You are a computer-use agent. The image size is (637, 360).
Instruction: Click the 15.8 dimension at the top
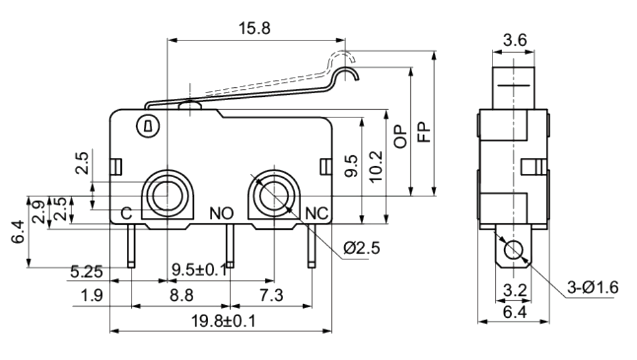(x=254, y=28)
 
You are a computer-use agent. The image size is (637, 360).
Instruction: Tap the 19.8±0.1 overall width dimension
(x=223, y=321)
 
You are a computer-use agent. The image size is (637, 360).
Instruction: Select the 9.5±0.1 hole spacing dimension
(x=200, y=270)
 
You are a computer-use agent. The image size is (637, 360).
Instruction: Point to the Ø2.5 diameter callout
(x=362, y=248)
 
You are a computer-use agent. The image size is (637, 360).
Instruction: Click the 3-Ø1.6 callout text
(x=593, y=287)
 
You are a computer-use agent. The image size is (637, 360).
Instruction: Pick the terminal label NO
(x=222, y=213)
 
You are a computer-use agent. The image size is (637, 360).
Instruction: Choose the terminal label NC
(x=317, y=213)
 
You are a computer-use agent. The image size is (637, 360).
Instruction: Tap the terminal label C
(x=127, y=213)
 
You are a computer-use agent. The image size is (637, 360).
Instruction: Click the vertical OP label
(x=400, y=136)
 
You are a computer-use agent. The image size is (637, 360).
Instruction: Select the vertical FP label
(x=424, y=132)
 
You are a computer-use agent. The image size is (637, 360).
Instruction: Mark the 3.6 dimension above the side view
(x=515, y=40)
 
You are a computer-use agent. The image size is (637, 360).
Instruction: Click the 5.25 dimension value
(x=87, y=271)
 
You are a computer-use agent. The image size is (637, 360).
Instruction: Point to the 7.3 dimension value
(x=272, y=295)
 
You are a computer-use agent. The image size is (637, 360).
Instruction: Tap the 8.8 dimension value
(x=181, y=295)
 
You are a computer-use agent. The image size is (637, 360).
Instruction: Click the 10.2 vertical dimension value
(x=376, y=166)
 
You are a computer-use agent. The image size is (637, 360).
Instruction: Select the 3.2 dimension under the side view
(x=515, y=290)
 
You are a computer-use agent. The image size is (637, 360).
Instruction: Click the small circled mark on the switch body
(x=148, y=126)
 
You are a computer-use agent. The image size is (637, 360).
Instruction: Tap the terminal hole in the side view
(x=514, y=249)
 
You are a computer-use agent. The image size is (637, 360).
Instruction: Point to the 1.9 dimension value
(x=92, y=295)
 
